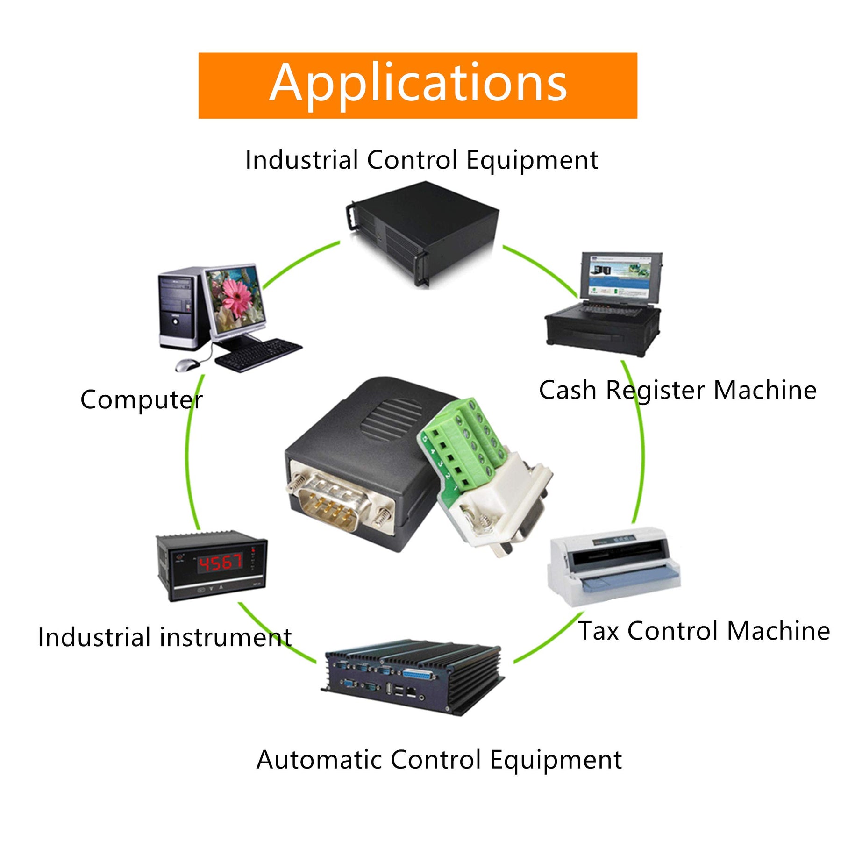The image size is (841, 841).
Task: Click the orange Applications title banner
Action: click(417, 86)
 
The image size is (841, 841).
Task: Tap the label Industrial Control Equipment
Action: click(421, 160)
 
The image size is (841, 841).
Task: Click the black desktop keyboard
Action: click(258, 354)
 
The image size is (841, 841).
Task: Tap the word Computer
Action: click(141, 400)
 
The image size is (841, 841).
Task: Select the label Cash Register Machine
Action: click(677, 390)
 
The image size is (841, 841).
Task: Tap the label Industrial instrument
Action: click(164, 637)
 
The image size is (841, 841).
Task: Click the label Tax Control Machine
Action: click(704, 631)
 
